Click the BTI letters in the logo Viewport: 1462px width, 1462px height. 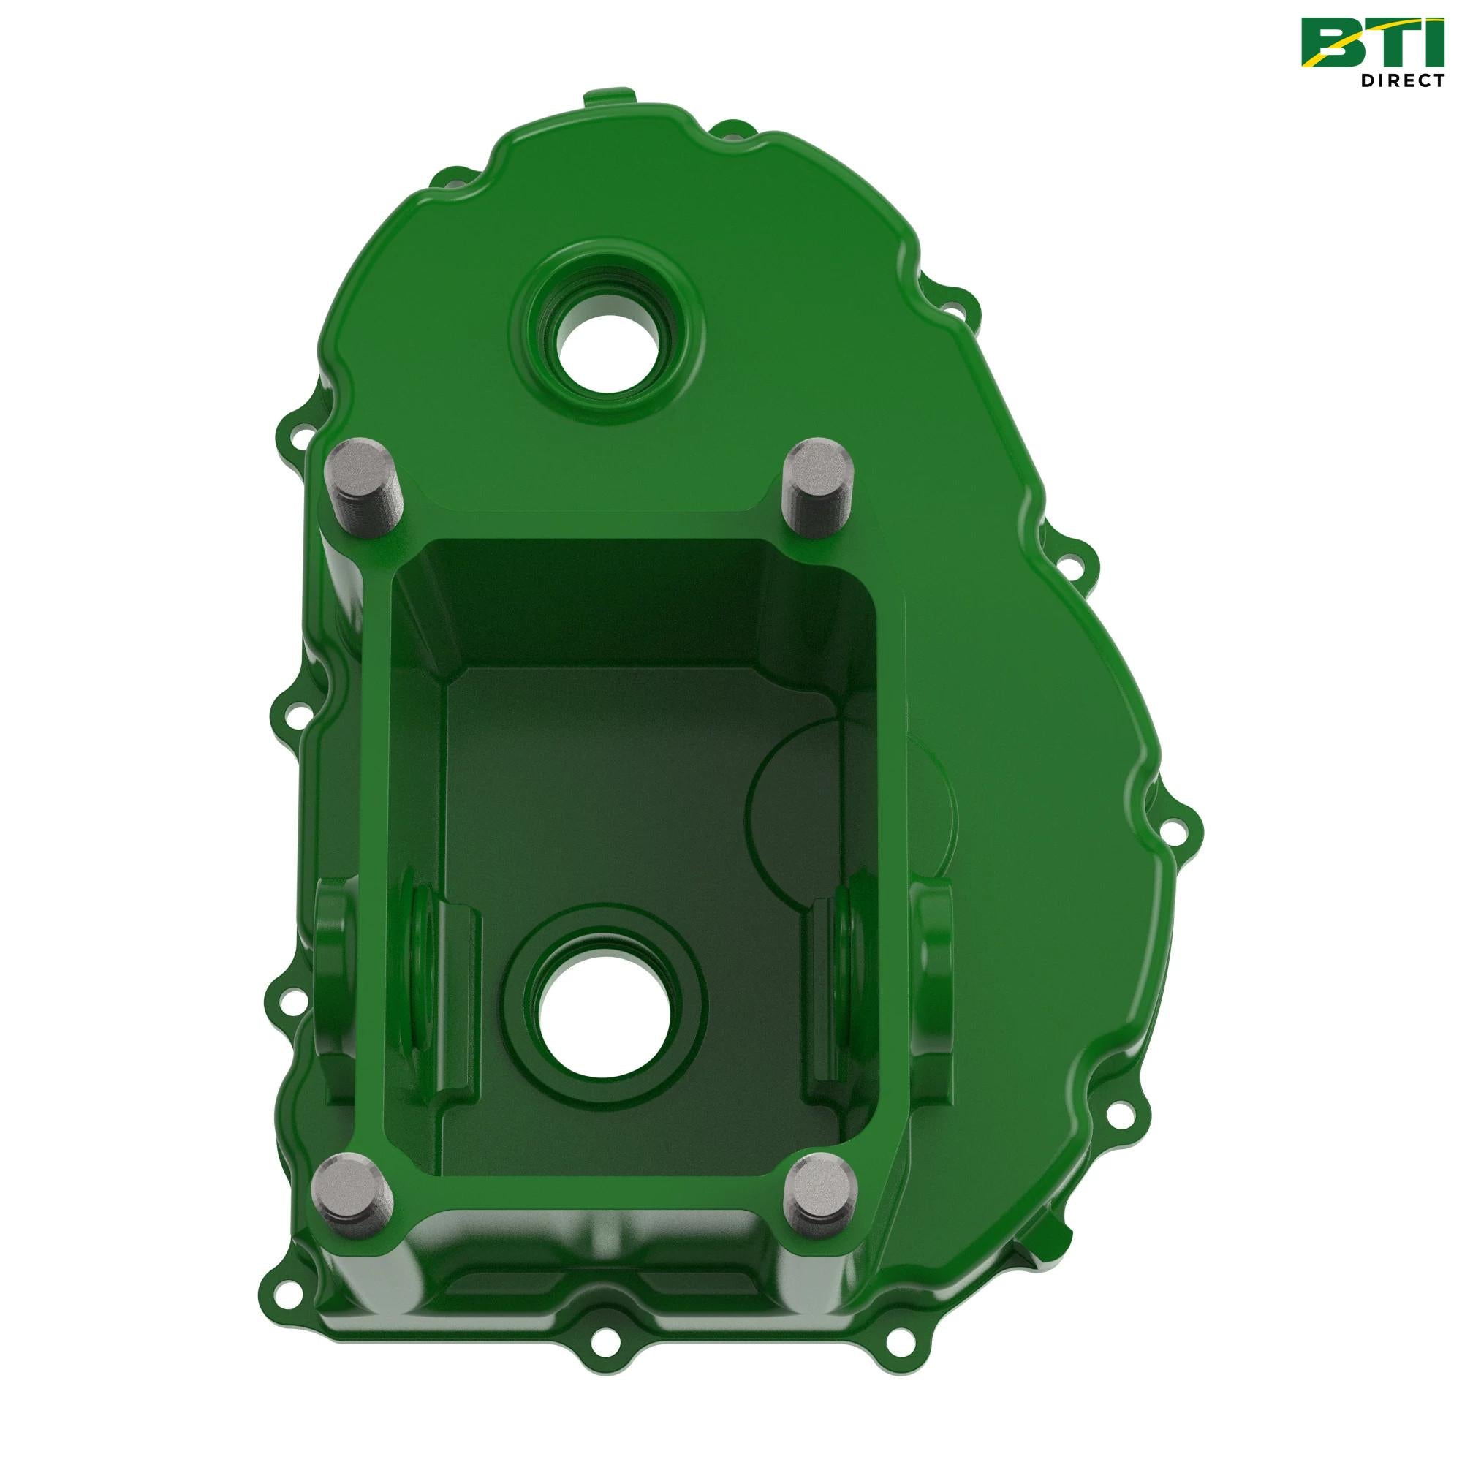tap(1371, 42)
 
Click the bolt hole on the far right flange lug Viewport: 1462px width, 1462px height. tap(1176, 824)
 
